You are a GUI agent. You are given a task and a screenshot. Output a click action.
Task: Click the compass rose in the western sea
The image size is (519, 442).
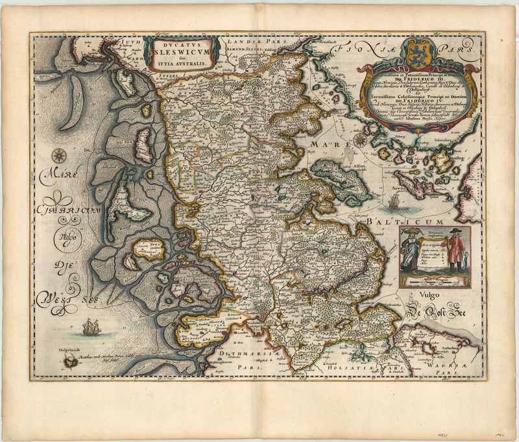(56, 156)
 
